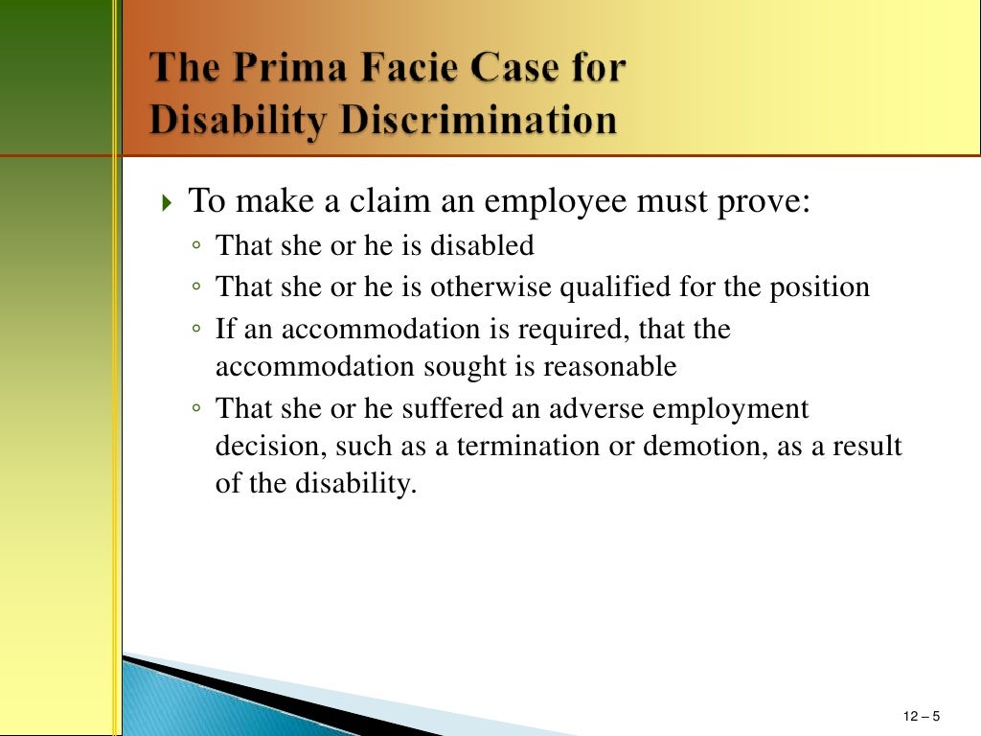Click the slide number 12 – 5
click(922, 717)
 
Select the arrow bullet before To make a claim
click(168, 204)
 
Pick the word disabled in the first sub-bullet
click(482, 245)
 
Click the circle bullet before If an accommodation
click(195, 330)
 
